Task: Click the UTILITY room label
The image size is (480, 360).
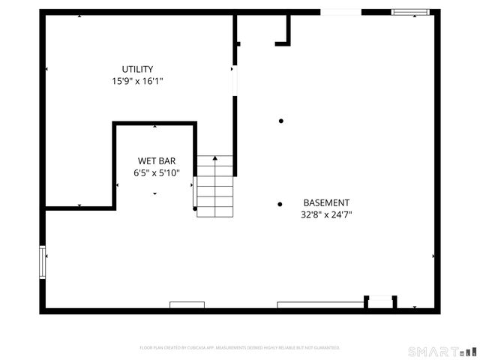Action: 138,69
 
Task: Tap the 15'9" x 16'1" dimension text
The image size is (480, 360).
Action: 138,80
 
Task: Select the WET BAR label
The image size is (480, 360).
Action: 156,161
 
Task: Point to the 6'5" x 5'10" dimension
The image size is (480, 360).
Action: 156,172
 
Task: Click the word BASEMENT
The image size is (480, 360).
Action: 325,202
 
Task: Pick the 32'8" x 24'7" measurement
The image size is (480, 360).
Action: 325,214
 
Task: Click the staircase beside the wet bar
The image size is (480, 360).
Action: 215,187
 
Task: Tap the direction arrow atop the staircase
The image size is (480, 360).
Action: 215,158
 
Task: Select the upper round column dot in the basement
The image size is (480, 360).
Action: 281,121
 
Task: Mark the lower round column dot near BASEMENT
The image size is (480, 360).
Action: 280,203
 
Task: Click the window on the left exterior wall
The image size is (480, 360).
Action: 43,262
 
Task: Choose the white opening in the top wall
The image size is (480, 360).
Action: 340,11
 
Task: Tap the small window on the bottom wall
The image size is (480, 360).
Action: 187,305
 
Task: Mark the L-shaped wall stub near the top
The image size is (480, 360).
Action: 284,34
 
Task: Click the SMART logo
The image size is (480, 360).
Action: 441,351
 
